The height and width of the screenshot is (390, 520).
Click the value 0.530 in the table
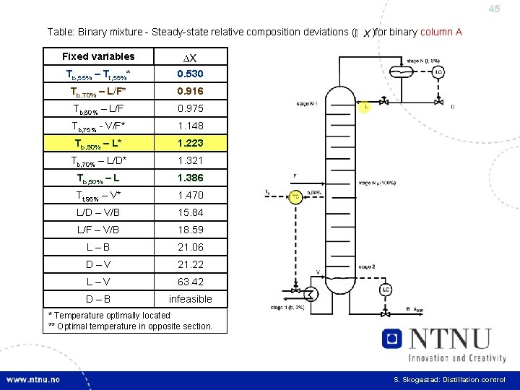click(191, 74)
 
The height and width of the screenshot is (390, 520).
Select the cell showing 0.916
click(191, 91)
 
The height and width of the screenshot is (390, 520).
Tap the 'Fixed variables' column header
click(98, 56)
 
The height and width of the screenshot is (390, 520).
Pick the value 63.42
click(191, 282)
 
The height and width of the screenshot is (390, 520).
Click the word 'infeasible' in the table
click(191, 299)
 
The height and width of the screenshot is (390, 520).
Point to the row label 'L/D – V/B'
click(98, 212)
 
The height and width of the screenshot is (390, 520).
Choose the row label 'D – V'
click(98, 264)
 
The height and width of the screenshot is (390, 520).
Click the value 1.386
click(191, 178)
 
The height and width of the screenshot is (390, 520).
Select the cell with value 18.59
click(191, 230)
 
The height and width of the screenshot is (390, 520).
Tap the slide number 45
click(494, 9)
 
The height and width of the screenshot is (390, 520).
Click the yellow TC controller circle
click(296, 196)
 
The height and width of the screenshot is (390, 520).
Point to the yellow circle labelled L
click(366, 107)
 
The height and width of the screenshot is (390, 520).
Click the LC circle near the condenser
click(437, 72)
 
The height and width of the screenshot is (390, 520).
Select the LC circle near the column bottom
click(386, 290)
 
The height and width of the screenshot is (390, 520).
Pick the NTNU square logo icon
click(392, 339)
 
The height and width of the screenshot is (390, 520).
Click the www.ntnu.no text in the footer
click(34, 380)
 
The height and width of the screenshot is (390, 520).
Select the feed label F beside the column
click(294, 175)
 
